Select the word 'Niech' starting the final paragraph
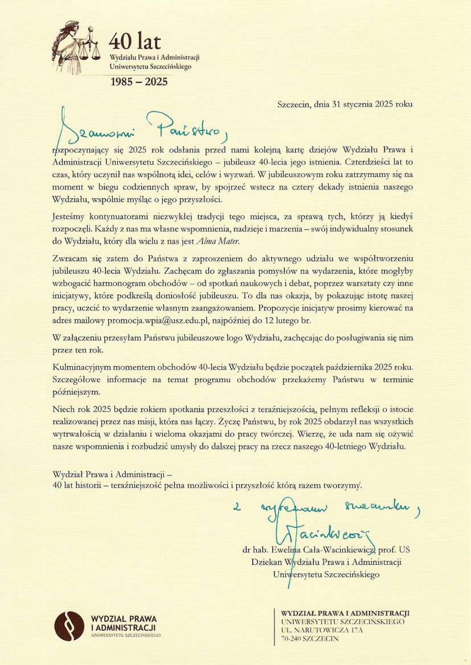point(64,409)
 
